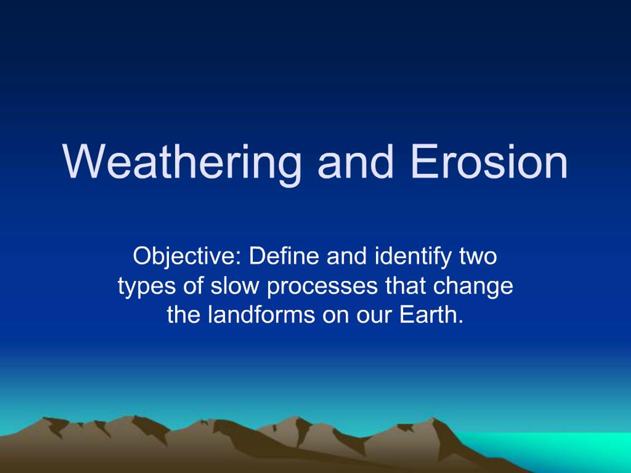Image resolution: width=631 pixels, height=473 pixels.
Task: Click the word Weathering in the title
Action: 182,163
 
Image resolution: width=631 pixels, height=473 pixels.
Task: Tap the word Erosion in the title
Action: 489,163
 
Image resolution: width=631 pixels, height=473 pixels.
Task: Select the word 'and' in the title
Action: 355,163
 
